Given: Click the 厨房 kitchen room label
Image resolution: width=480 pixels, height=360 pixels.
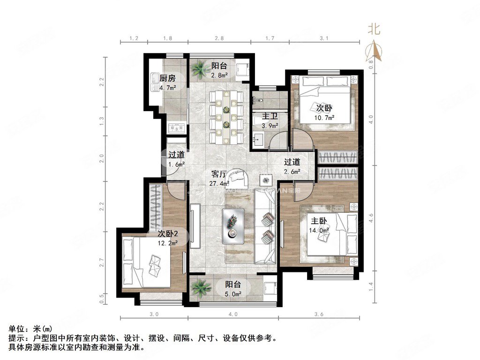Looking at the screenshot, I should pyautogui.click(x=167, y=78).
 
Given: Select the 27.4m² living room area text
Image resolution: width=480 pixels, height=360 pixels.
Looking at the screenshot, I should pyautogui.click(x=219, y=184).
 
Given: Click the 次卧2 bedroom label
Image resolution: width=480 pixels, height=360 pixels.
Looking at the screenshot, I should pyautogui.click(x=167, y=233).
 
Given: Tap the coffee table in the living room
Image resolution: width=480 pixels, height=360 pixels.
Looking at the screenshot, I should pyautogui.click(x=232, y=226).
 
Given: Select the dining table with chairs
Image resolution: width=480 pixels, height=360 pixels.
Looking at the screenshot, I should pyautogui.click(x=226, y=117).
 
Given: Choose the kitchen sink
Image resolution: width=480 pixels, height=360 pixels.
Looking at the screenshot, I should pyautogui.click(x=155, y=82).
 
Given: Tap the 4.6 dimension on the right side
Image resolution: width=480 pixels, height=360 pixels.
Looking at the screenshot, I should pyautogui.click(x=371, y=217).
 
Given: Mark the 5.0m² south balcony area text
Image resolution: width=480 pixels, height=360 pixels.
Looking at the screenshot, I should pyautogui.click(x=233, y=294).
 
